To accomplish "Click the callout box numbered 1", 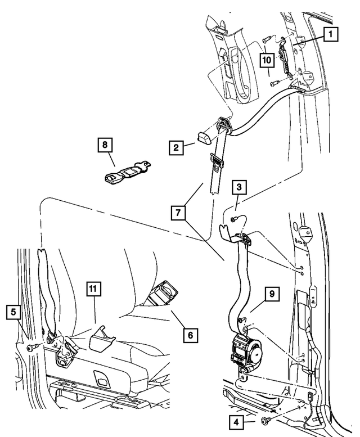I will point(330,35).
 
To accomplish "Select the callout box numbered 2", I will point(177,148).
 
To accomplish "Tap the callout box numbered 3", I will point(239,187).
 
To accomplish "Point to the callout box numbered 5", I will point(15,312).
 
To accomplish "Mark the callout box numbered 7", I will point(178,213).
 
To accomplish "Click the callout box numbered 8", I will point(103,145).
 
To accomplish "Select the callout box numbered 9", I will point(271,294).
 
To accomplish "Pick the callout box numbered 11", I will point(94,290).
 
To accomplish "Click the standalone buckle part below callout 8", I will point(126,173).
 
